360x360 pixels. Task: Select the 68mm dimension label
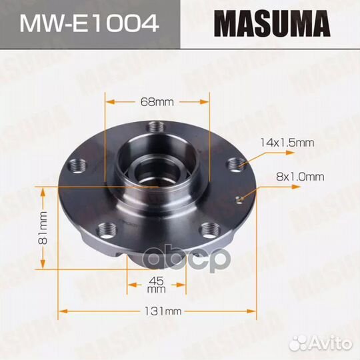[157, 102]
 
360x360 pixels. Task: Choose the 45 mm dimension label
[156, 284]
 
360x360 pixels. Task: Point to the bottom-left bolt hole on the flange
[105, 231]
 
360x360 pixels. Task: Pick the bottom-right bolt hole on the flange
[207, 229]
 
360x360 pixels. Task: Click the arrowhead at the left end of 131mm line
[63, 311]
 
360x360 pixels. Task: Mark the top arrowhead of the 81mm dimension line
[43, 190]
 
